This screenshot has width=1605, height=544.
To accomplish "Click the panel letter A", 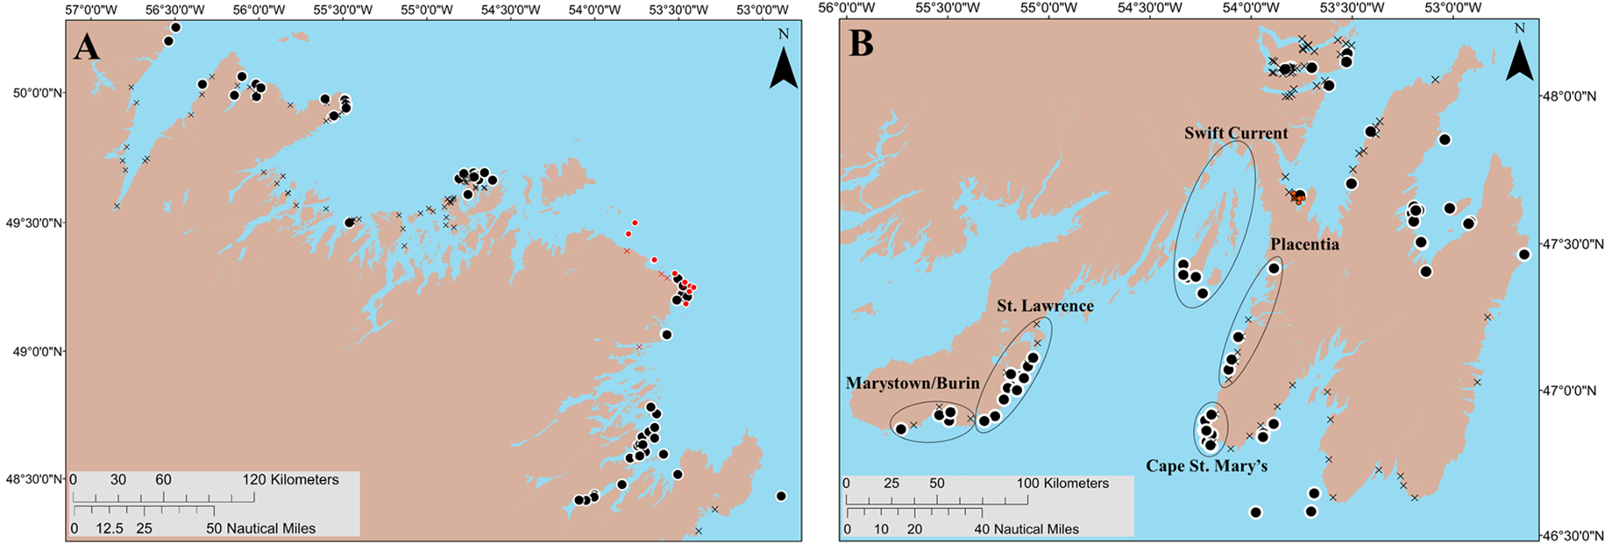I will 87,46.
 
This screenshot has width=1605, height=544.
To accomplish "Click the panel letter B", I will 861,43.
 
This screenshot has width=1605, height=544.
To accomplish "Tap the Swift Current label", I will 1236,133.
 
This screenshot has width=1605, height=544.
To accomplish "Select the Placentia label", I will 1304,244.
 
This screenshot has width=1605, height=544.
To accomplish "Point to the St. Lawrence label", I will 1045,306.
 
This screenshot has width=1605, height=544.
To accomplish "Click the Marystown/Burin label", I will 913,383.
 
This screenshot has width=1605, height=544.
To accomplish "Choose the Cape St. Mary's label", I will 1206,466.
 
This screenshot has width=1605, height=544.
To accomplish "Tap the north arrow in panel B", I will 1520,59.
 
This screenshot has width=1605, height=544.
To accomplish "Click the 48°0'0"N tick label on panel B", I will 1573,96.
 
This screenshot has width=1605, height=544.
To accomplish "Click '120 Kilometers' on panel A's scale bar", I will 290,480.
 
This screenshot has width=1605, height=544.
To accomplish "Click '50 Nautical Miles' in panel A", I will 260,528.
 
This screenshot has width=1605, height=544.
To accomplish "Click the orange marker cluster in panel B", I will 1298,197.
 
